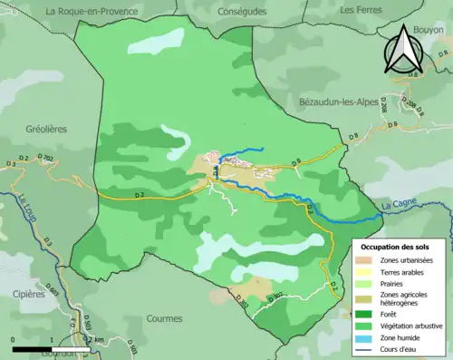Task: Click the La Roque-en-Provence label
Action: (x=92, y=11)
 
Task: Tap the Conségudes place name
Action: (x=243, y=11)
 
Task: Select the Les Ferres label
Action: (x=359, y=9)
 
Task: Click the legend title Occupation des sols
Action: (x=395, y=246)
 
